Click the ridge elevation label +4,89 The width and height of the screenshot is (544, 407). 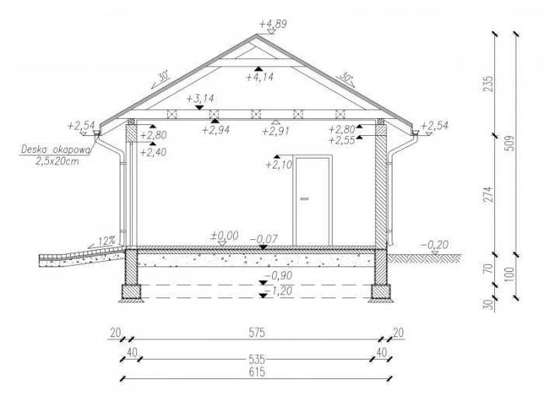274,24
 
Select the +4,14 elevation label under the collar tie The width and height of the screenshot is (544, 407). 260,77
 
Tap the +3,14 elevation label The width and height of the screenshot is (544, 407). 201,99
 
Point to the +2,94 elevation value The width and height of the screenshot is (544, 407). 216,130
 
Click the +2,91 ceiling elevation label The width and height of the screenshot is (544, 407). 275,131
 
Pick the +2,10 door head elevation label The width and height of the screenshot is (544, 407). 279,165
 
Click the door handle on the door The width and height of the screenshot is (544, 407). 305,199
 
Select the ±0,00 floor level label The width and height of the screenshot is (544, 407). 225,236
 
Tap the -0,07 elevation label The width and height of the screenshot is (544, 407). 263,239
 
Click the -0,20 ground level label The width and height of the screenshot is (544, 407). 434,245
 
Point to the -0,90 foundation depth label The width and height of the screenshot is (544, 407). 278,276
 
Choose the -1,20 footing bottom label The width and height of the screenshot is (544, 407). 278,290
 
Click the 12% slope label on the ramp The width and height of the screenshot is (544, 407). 106,241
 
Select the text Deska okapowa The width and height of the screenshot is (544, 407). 56,150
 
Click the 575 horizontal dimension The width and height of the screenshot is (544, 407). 257,332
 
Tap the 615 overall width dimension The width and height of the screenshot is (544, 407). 257,372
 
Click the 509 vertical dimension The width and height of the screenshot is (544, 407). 510,143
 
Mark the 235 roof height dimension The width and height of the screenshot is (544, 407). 488,84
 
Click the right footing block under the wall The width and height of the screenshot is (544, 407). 381,291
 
